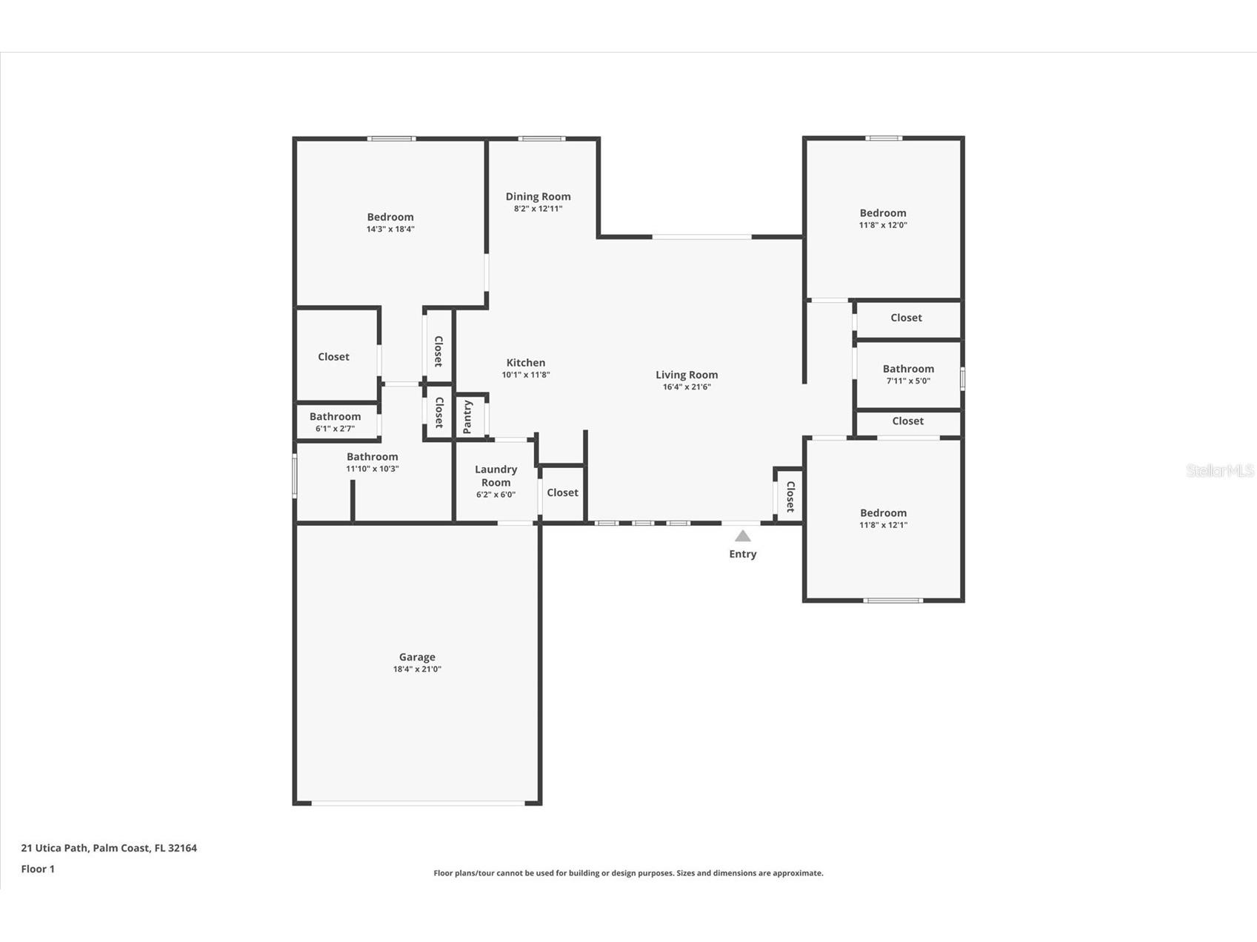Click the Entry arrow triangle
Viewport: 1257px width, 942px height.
coord(742,536)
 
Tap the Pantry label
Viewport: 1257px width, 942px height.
coord(467,417)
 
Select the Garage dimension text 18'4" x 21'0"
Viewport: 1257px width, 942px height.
coord(417,669)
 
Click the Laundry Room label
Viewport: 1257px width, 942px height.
coord(496,475)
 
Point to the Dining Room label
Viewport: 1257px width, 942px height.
coord(538,196)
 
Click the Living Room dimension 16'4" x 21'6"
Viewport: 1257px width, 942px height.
coord(687,387)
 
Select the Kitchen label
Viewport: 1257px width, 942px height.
coord(526,362)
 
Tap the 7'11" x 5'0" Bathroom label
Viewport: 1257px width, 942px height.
coord(908,369)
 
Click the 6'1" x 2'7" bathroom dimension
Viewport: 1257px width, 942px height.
coord(335,429)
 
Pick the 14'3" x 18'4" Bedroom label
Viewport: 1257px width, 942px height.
coord(390,217)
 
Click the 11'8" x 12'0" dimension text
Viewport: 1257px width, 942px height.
coord(883,225)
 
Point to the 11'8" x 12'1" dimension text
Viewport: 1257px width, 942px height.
coord(883,525)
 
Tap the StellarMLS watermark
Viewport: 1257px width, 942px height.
coord(1219,470)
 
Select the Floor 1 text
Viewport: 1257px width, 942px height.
coord(38,869)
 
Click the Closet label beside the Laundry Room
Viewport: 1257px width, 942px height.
coord(562,492)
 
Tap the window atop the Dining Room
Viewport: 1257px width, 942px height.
coord(541,138)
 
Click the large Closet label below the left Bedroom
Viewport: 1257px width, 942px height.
coord(333,356)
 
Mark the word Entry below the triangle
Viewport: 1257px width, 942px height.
coord(742,554)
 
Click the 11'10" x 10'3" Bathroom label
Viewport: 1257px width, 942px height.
coord(372,457)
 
